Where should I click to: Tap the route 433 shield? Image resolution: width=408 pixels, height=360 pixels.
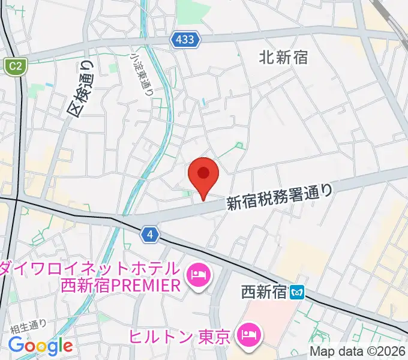point(185,40)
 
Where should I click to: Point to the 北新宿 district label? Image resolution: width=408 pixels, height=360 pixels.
point(283,57)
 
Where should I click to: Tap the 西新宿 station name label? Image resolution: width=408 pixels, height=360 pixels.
point(263,293)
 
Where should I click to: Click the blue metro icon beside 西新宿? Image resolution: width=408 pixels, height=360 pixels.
point(297,293)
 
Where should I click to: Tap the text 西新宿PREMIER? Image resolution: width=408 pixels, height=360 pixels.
point(121,286)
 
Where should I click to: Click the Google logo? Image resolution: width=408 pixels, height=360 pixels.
point(40,346)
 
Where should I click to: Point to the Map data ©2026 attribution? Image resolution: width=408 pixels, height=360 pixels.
point(358,352)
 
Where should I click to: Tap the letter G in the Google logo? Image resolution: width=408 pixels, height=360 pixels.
point(16,345)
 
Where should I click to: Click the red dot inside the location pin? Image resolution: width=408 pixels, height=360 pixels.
point(203,173)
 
